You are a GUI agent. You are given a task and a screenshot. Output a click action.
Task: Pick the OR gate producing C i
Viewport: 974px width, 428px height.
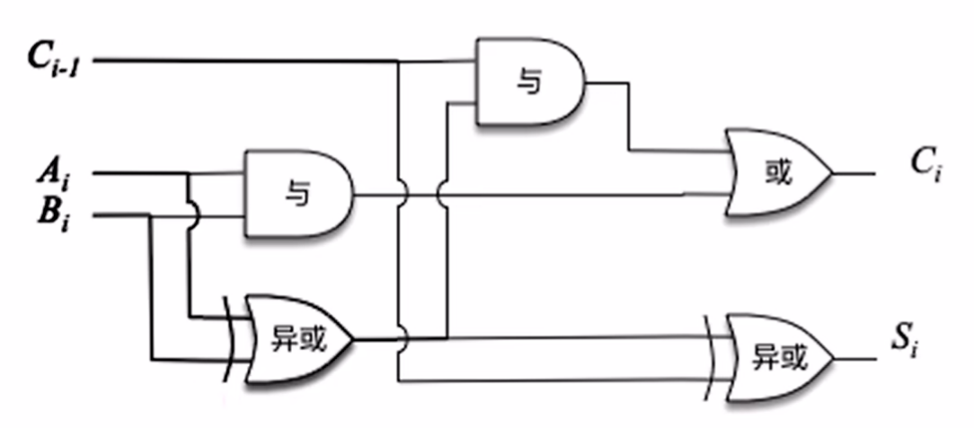(x=778, y=172)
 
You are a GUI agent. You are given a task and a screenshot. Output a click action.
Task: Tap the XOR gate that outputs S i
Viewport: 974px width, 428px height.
(x=778, y=357)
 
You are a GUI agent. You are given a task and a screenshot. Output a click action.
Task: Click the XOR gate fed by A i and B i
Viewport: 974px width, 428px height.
(x=297, y=339)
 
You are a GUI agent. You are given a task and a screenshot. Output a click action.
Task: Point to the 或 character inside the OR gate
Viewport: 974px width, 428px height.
(x=778, y=172)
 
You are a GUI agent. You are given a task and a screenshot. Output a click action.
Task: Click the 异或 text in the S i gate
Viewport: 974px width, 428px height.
(x=778, y=358)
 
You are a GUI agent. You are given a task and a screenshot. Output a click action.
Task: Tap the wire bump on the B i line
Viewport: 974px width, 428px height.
(x=189, y=215)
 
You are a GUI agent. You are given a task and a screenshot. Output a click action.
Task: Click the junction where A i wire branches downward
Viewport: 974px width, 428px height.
(x=189, y=172)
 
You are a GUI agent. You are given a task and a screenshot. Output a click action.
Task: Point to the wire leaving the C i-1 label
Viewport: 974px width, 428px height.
(x=243, y=61)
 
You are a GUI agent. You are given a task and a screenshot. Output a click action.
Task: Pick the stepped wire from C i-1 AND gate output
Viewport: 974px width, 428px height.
(x=630, y=117)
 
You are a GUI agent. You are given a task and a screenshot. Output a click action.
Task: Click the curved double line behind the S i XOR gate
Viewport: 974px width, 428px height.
(x=714, y=358)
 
